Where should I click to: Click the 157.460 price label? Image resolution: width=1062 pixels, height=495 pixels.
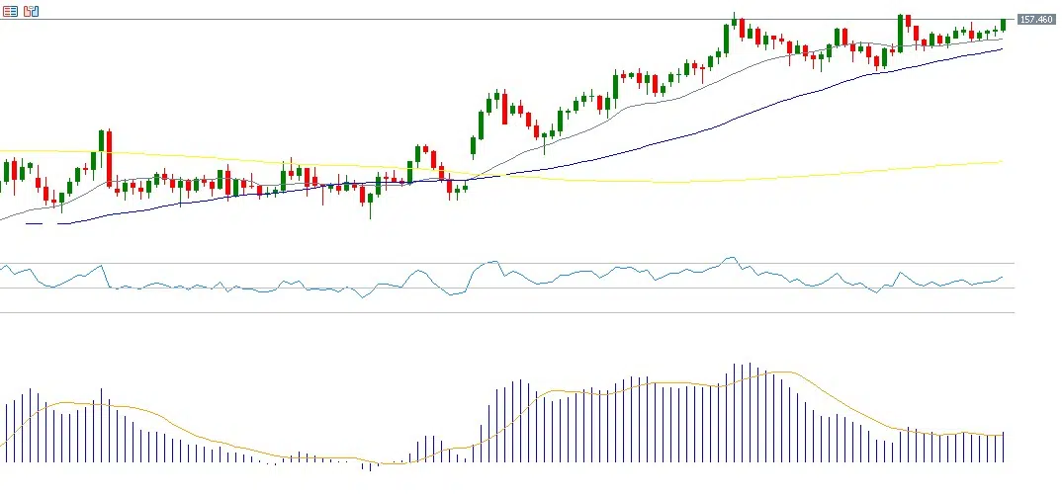point(1036,19)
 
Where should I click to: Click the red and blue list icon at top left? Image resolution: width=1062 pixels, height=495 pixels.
point(10,11)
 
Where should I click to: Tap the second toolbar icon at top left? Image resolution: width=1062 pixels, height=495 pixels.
point(31,11)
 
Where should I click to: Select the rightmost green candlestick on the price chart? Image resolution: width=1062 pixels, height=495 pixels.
point(1003,25)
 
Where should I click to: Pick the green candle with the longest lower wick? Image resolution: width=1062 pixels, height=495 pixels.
point(371,202)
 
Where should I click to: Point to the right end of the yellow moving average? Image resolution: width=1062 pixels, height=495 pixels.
point(1002,162)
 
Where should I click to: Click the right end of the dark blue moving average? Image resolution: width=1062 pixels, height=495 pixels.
point(1002,49)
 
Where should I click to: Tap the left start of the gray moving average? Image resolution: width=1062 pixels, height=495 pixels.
point(2,219)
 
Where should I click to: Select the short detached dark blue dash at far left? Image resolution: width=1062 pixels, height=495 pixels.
point(34,223)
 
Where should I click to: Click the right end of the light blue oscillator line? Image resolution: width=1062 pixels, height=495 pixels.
point(1003,277)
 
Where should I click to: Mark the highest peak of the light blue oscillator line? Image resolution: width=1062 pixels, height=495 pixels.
point(730,258)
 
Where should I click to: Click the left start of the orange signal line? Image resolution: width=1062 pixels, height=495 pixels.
point(3,442)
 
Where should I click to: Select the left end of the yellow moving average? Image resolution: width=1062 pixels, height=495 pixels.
point(2,151)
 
